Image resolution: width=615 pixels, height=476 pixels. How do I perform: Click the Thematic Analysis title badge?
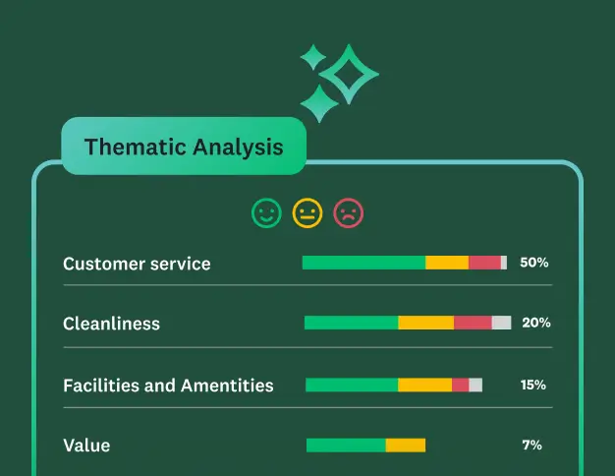(184, 147)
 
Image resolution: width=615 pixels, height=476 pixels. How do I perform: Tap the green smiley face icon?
(266, 212)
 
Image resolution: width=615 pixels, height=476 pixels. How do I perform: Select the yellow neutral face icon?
(307, 212)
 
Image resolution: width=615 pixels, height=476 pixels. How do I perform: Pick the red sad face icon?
(349, 212)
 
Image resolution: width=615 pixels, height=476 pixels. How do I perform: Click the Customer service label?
(137, 264)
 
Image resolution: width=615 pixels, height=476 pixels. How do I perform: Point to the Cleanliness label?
(111, 324)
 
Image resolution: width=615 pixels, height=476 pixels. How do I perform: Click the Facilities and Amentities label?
(168, 386)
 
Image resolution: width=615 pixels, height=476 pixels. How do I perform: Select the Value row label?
(86, 446)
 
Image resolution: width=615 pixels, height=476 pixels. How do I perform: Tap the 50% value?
(533, 263)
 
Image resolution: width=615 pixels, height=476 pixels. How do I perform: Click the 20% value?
(535, 323)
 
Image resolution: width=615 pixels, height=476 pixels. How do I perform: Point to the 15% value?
(533, 385)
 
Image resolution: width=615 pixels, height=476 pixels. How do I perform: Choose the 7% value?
(531, 446)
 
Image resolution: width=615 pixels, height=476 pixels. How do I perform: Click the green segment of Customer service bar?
(363, 263)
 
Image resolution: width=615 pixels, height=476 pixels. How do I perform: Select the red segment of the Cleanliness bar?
(473, 323)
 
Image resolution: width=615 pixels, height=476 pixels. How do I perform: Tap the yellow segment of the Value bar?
(406, 446)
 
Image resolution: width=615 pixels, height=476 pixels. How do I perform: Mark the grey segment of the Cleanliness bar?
(501, 323)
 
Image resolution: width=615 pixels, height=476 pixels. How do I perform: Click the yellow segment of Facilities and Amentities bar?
(424, 385)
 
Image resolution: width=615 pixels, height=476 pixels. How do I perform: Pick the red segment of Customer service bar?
(484, 263)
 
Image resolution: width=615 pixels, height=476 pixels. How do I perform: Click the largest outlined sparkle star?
(349, 74)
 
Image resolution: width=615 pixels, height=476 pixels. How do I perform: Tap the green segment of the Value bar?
(346, 446)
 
